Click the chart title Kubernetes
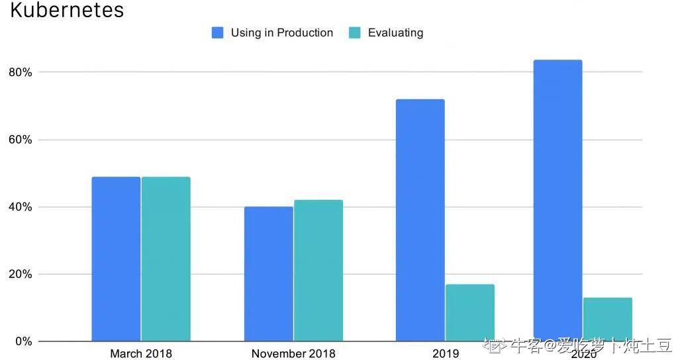point(67,11)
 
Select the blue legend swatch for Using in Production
point(217,33)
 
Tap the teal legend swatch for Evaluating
point(355,33)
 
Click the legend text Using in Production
point(281,33)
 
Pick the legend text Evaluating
point(395,33)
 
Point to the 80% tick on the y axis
point(21,72)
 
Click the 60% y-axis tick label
point(21,140)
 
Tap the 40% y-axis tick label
point(21,207)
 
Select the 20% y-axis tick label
point(21,274)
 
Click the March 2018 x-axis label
point(140,353)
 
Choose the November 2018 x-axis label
point(293,353)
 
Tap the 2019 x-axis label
point(445,353)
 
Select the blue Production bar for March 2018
point(116,259)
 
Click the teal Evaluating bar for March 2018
point(166,259)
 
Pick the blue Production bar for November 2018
point(268,274)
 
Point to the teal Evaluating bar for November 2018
point(318,271)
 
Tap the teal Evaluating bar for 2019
point(470,312)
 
